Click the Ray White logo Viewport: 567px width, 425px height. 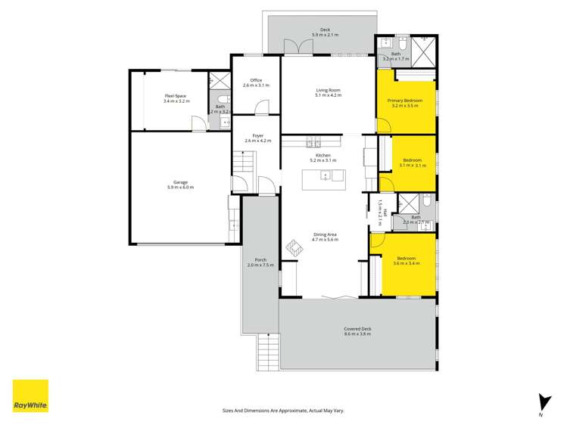click(30, 396)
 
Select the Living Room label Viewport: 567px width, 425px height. click(329, 92)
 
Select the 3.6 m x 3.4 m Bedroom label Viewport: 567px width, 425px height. click(405, 261)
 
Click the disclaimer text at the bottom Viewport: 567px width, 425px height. click(283, 410)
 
